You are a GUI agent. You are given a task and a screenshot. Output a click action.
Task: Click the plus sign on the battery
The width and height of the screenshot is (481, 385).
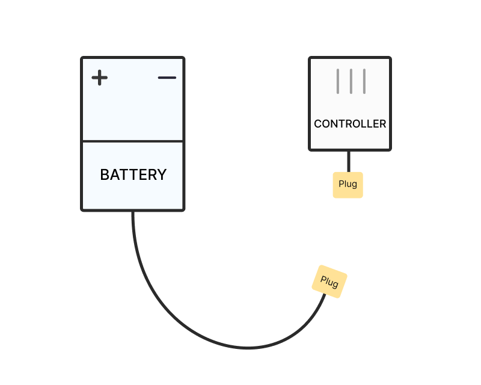(x=100, y=78)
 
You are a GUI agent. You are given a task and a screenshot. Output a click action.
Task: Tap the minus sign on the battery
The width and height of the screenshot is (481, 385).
(x=167, y=78)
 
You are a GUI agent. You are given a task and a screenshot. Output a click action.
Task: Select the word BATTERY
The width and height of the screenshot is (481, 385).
(x=133, y=174)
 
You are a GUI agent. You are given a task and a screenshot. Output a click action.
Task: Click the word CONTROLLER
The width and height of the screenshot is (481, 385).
(x=350, y=124)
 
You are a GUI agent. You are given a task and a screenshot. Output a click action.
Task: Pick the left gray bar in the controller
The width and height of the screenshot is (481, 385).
(x=338, y=81)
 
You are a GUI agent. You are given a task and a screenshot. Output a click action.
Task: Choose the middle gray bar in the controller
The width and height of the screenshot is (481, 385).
(x=351, y=81)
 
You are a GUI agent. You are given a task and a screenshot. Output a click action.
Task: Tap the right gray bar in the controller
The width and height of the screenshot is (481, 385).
(x=364, y=81)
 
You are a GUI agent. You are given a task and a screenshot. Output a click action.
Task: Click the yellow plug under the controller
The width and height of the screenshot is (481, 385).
(x=348, y=185)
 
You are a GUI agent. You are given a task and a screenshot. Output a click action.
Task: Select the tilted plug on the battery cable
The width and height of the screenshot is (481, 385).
(x=329, y=282)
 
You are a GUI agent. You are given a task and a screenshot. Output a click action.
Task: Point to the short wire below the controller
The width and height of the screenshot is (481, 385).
(x=349, y=161)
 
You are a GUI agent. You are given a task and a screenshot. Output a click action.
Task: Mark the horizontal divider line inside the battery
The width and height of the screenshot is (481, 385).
(x=132, y=141)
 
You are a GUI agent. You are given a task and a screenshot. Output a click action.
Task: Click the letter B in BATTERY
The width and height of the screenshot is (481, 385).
(x=105, y=174)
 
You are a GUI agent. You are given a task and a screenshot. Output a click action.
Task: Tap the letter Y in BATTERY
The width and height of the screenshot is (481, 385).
(x=162, y=174)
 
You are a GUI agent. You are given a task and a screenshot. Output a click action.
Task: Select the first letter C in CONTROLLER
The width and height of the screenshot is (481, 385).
(x=318, y=124)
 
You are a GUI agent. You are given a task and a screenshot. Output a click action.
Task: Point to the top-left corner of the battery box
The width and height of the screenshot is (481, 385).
(x=82, y=58)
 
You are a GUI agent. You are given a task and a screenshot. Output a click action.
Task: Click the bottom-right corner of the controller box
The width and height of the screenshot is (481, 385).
(x=390, y=150)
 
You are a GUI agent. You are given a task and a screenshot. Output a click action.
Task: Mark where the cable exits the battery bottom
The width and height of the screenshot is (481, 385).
(x=133, y=211)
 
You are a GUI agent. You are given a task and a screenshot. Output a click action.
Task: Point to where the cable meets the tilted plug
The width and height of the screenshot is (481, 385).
(x=325, y=294)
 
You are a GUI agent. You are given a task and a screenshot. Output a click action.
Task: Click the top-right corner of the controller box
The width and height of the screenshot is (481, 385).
(x=390, y=58)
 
